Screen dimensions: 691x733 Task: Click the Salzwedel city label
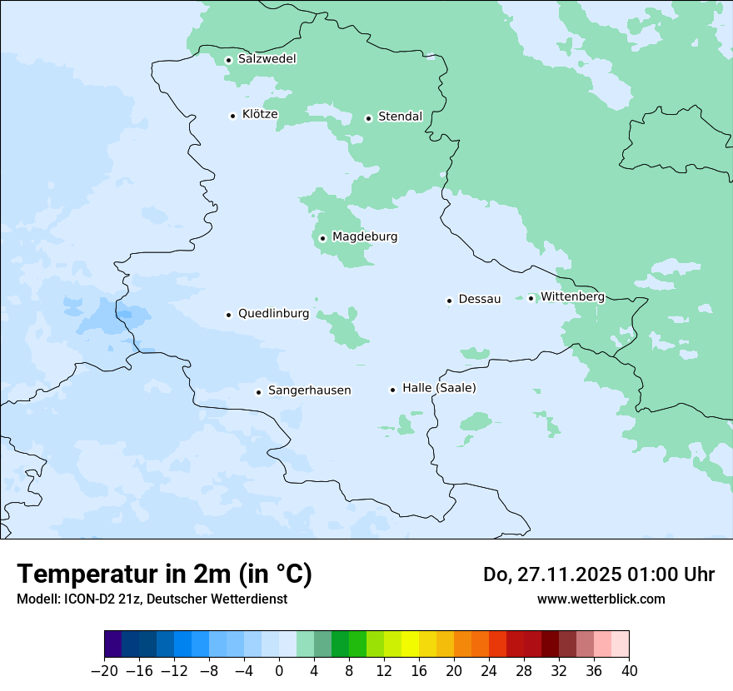click(267, 59)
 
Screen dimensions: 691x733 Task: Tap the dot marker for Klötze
click(233, 116)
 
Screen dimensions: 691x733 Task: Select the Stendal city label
click(400, 117)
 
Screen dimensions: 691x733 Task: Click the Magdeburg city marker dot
click(322, 238)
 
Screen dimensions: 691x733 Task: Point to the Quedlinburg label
click(273, 314)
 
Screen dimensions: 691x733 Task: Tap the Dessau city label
click(480, 299)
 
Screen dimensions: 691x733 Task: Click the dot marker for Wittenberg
click(531, 298)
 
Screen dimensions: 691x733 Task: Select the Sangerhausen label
click(309, 390)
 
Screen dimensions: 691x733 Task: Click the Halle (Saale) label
click(439, 388)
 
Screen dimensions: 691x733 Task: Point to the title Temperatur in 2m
click(164, 574)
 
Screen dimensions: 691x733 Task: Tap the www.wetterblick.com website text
click(601, 599)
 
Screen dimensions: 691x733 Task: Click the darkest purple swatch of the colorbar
click(112, 644)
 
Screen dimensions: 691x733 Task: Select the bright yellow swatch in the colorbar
click(410, 644)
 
